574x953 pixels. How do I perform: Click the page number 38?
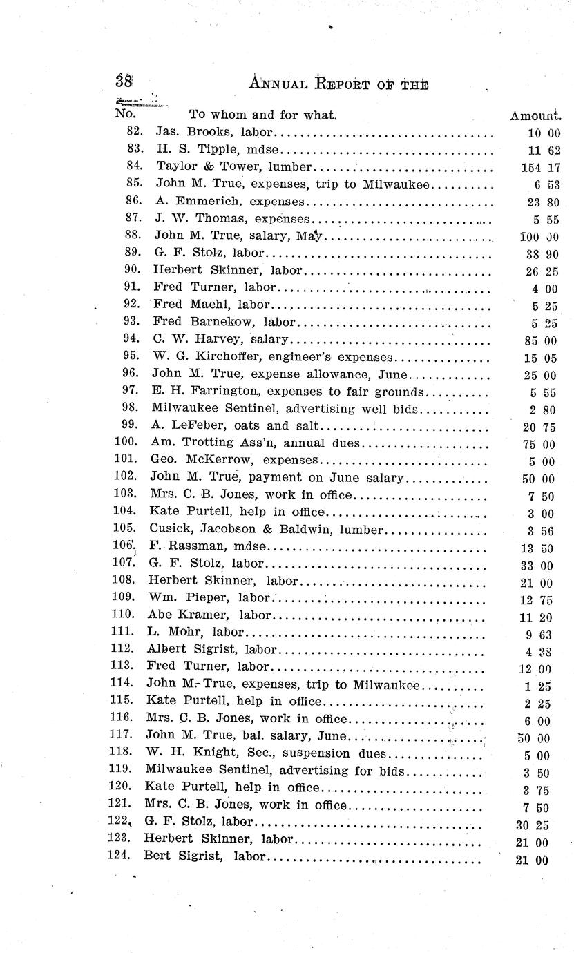pyautogui.click(x=124, y=80)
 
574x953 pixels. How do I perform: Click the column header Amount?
pyautogui.click(x=535, y=115)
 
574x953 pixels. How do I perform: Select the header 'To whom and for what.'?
pyautogui.click(x=262, y=115)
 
